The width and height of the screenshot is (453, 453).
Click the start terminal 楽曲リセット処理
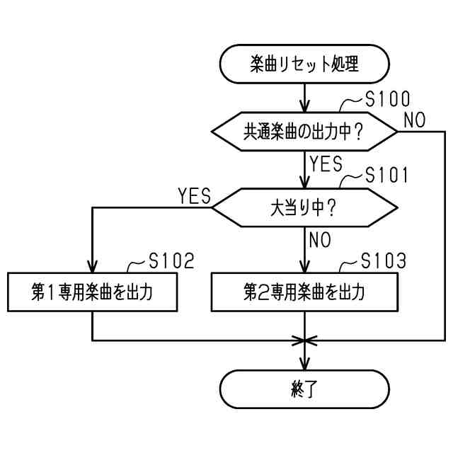[304, 65]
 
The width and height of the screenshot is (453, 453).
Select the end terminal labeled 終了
[304, 389]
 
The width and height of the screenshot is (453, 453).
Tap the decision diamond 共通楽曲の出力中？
[304, 131]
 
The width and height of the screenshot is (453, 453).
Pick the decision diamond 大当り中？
[304, 208]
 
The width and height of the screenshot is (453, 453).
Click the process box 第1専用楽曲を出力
[93, 292]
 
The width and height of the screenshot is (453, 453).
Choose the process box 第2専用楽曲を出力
[304, 292]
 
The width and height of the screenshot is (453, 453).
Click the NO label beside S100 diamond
[414, 120]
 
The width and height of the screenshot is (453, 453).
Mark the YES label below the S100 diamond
[326, 164]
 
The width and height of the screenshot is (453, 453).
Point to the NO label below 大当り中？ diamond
[320, 240]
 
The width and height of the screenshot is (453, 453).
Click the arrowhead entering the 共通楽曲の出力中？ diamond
[304, 108]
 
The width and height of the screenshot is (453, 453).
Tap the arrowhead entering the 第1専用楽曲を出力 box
[93, 268]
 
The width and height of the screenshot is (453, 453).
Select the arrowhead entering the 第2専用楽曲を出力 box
[304, 268]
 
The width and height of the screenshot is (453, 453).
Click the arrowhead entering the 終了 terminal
[304, 365]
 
